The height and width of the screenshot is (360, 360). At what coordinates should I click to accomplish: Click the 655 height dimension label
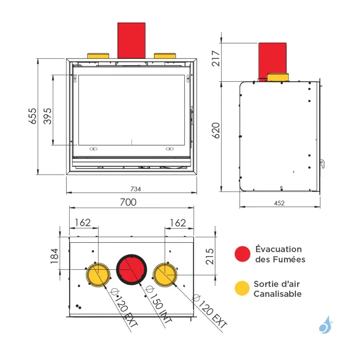coord(32,116)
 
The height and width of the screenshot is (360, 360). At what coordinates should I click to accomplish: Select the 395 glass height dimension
coord(48,116)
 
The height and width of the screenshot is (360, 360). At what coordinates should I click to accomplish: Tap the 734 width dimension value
coord(136,189)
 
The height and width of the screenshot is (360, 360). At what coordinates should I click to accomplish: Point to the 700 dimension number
coord(128,202)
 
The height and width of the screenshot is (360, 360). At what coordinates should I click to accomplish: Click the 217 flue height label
coord(216,58)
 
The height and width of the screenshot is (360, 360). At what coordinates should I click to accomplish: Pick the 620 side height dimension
coord(216,130)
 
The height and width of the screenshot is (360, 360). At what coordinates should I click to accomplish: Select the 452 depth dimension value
coord(279,203)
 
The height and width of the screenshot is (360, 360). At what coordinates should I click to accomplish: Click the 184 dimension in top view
coord(54,256)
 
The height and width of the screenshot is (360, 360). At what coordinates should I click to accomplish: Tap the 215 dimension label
coord(210,256)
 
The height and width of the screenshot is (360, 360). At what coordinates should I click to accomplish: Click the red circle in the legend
coord(242,254)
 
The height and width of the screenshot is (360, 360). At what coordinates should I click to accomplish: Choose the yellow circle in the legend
coord(242,288)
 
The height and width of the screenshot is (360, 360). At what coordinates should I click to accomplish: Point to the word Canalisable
coord(278,294)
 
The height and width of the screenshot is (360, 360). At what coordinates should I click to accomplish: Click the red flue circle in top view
coord(131,269)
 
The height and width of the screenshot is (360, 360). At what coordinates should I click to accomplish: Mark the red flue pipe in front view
coord(131,40)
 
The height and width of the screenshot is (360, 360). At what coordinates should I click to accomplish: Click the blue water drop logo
coord(326,324)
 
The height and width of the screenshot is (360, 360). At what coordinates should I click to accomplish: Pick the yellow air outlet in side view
coord(278,77)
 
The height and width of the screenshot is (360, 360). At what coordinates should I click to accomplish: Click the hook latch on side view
coord(322,164)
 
